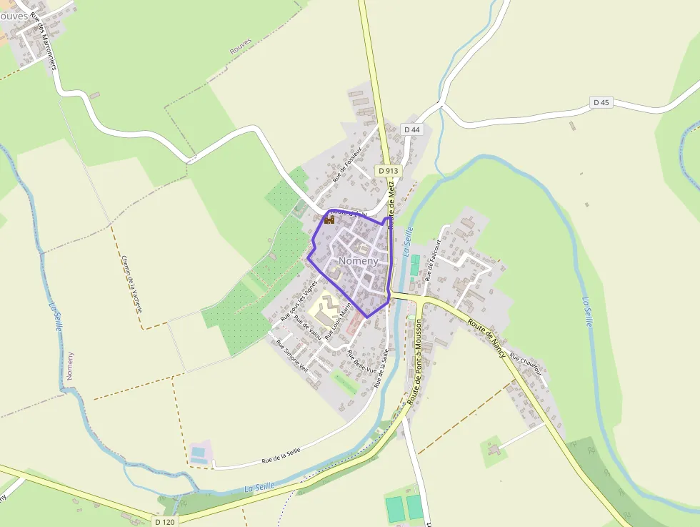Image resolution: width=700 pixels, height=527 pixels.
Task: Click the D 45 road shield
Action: pos(601,103)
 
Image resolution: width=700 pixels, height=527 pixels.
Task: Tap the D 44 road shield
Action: pos(411,129)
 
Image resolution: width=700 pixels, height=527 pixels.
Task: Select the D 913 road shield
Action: pos(389,171)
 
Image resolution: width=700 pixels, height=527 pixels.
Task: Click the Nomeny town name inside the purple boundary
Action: pos(359,261)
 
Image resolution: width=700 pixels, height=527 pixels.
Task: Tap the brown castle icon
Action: pos(329,220)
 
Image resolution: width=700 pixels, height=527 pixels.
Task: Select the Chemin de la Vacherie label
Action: pos(132,284)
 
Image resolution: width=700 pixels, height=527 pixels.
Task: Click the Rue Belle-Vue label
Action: pos(361,362)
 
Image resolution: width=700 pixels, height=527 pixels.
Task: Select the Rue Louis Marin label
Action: pos(338,322)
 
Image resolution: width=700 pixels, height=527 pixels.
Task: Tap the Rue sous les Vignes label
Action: pos(299,300)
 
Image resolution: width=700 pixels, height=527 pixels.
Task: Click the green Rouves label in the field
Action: pos(241,47)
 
